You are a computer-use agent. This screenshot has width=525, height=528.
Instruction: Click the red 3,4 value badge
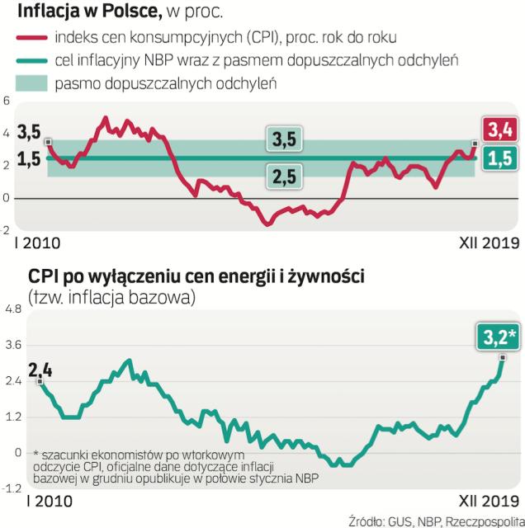click(498, 130)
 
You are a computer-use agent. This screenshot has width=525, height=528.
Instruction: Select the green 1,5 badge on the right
click(498, 159)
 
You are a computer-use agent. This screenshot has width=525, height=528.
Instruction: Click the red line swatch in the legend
click(32, 37)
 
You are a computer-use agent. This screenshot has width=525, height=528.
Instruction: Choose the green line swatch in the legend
click(32, 61)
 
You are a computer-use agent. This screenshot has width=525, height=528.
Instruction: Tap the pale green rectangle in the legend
click(32, 84)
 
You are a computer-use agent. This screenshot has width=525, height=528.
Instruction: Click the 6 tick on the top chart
click(7, 101)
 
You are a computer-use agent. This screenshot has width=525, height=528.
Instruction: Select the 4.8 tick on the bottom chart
click(14, 309)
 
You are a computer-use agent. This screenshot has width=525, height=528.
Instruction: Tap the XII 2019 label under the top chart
click(485, 243)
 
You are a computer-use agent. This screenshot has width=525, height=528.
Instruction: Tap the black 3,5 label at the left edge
click(28, 132)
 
